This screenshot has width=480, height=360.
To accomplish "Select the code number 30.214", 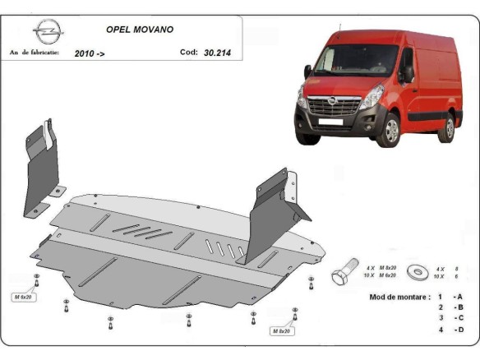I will point(219,52).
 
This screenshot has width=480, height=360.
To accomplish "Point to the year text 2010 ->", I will point(90,53).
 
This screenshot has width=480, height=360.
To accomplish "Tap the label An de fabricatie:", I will point(35,52).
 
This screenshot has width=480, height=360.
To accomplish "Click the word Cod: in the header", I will point(188,52).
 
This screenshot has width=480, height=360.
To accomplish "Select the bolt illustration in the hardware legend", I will point(344,274).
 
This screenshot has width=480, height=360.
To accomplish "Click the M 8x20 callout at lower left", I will point(24,296).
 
